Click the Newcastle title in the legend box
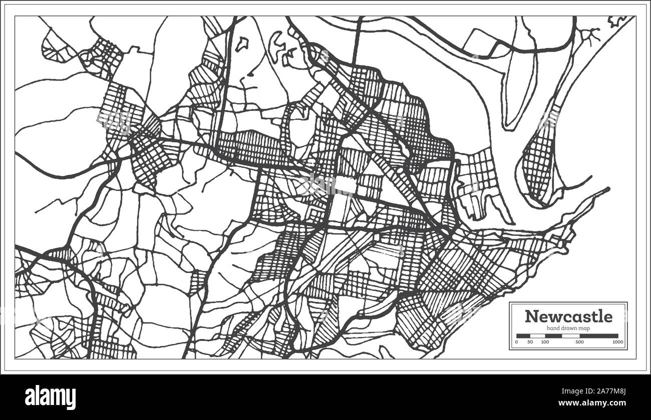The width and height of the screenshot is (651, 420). (568, 316)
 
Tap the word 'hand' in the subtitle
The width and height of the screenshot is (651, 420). (553, 327)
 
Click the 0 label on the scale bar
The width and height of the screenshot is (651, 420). (516, 342)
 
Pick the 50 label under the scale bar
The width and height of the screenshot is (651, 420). (530, 342)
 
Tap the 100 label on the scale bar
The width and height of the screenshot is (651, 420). (545, 342)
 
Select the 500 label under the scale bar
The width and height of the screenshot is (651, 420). (579, 342)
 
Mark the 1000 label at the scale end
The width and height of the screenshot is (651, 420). (617, 342)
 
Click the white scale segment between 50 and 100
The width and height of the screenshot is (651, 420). (538, 336)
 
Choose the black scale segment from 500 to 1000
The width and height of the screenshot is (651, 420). (599, 336)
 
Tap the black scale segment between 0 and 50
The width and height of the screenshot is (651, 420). (523, 336)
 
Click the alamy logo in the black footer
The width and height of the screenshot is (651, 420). (50, 397)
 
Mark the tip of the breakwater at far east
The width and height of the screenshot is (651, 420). (608, 189)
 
